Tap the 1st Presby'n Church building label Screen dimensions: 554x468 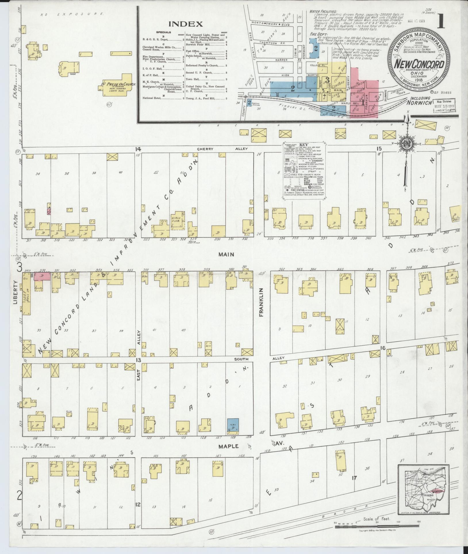pyautogui.click(x=119, y=85)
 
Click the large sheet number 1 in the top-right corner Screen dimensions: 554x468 pyautogui.click(x=441, y=21)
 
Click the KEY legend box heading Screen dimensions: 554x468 pyautogui.click(x=304, y=145)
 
